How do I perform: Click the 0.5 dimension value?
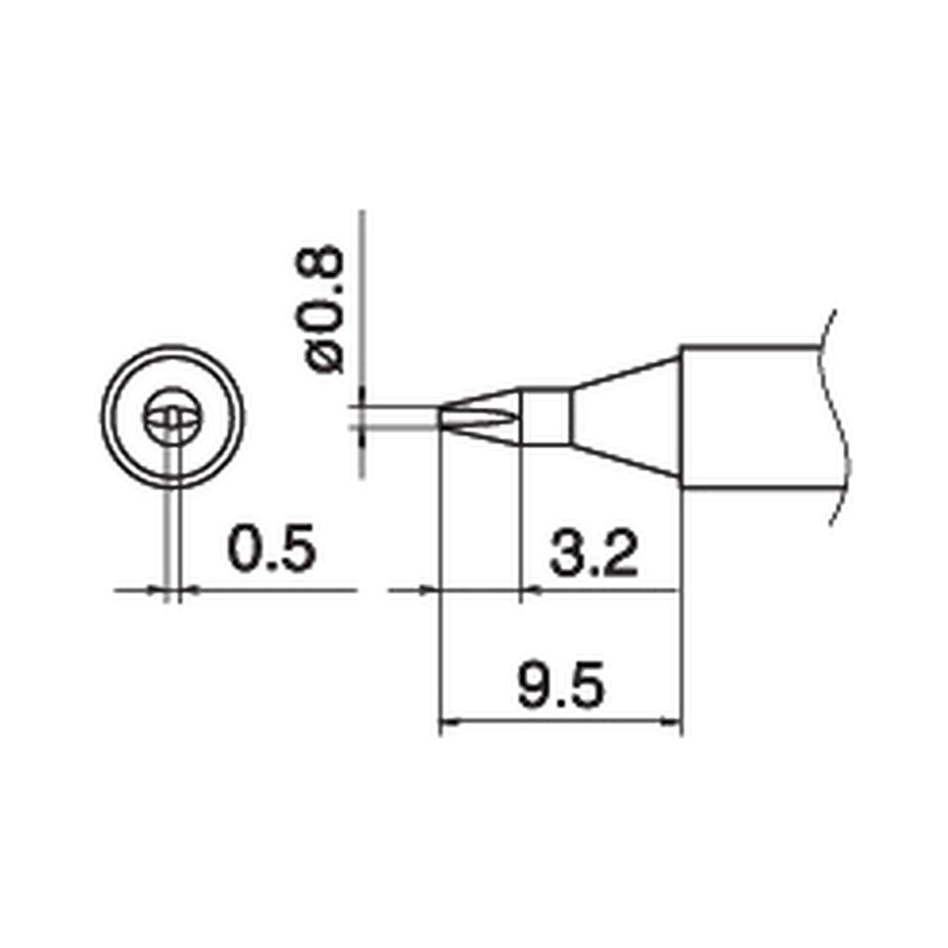pos(271,548)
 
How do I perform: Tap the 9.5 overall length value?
pos(561,685)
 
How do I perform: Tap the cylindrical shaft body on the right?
pos(751,418)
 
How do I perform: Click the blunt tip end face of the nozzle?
pos(440,418)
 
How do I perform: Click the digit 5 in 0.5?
pos(296,548)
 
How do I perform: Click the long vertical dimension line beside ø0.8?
pos(362,294)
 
